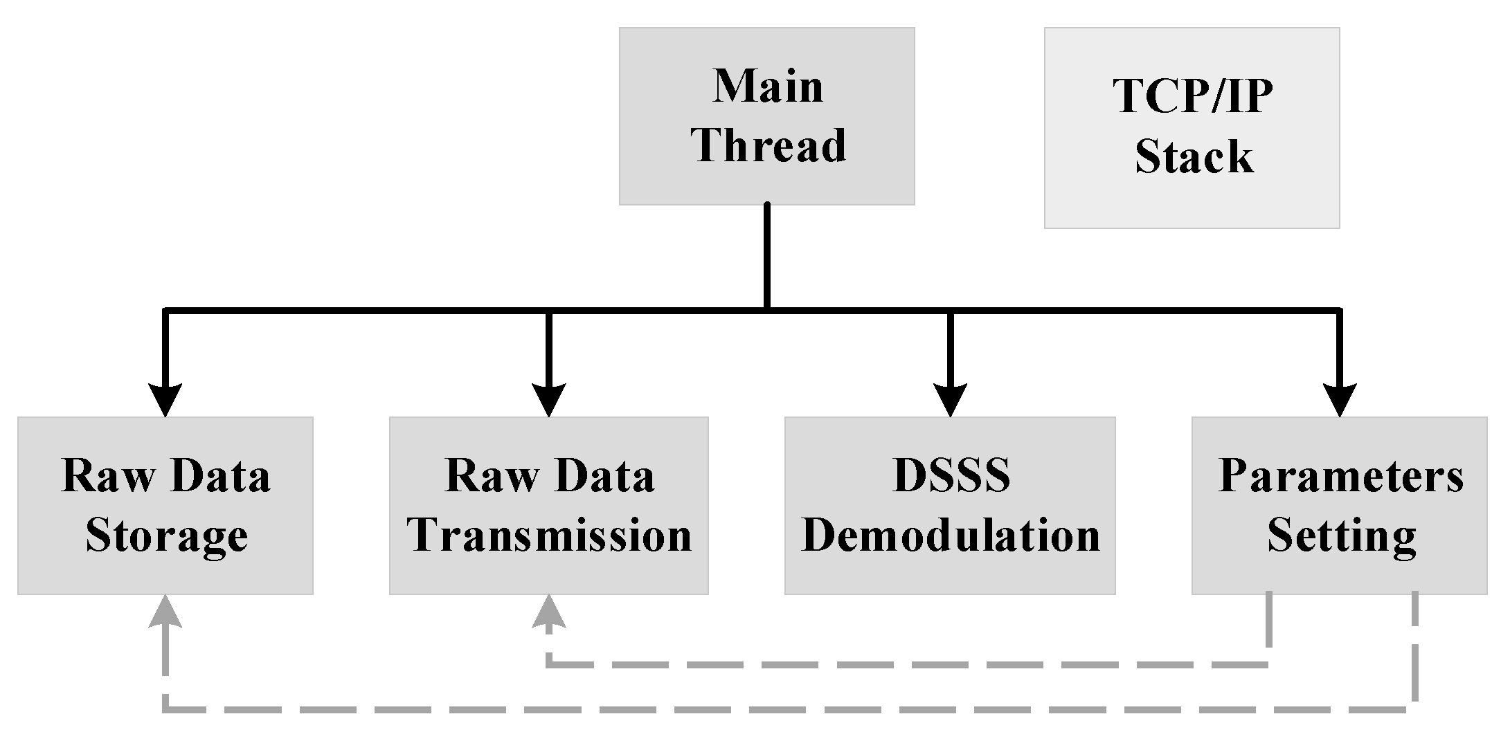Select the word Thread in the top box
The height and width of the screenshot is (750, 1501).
point(769,145)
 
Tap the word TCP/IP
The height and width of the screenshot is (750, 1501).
point(1192,95)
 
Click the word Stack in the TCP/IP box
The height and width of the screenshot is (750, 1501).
point(1194,156)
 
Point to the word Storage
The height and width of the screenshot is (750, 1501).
point(166,536)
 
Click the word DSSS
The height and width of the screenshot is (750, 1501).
point(951,476)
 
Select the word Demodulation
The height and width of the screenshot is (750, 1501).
point(951,536)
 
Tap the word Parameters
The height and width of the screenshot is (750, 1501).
point(1340,476)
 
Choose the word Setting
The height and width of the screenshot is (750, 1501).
point(1341,536)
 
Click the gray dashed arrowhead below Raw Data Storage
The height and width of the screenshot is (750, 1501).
point(165,612)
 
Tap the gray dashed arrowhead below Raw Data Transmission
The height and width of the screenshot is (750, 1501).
point(548,612)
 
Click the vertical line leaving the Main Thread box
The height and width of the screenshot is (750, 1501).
point(767,256)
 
